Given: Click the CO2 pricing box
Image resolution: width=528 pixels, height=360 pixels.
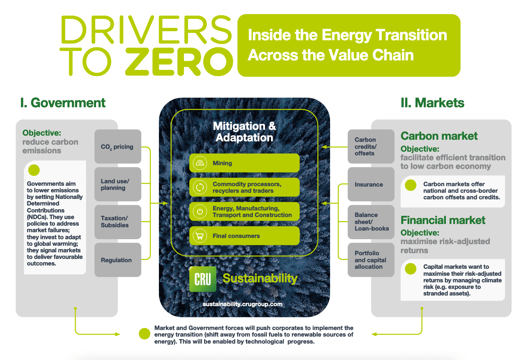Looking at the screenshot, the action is pos(118,146).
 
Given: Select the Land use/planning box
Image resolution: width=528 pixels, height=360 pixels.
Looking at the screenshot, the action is pos(118,184).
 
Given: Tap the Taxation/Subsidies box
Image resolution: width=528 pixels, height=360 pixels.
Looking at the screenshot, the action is pos(118,222).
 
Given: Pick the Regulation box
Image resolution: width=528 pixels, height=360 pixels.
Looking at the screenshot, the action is pos(118,260).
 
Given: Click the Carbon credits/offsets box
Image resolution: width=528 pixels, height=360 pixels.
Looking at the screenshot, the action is pos(371,146).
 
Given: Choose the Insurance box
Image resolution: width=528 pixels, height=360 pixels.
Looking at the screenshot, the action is pos(371,184).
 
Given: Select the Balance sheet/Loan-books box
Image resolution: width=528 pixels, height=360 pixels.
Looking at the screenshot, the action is pos(371,222).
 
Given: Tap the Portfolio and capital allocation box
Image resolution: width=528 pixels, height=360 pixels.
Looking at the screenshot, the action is pos(371,260).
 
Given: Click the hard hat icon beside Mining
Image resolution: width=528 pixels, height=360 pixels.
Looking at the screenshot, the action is pos(200,163).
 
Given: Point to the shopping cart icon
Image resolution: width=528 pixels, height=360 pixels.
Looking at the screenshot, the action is pos(200,235).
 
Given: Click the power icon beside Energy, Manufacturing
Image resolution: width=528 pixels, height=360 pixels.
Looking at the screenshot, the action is pos(200,211).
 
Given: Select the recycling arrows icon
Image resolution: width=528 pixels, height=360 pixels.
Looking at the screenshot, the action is pos(200,187).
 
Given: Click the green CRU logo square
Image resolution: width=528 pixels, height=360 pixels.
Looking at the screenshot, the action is pos(203,279).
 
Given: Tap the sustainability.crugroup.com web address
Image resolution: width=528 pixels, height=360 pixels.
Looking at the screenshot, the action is pos(243,304).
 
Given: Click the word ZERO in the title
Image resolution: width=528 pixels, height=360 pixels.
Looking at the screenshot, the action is pos(179,62).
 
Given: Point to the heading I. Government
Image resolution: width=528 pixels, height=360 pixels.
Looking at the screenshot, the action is pos(63,103).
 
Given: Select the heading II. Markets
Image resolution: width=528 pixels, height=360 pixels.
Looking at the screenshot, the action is pos(432,103).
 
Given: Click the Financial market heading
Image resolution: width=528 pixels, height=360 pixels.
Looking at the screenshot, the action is pos(443,220).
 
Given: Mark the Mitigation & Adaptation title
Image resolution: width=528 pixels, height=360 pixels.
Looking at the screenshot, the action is pos(244,132).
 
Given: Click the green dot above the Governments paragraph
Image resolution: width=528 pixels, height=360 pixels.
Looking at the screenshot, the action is pos(34,170).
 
